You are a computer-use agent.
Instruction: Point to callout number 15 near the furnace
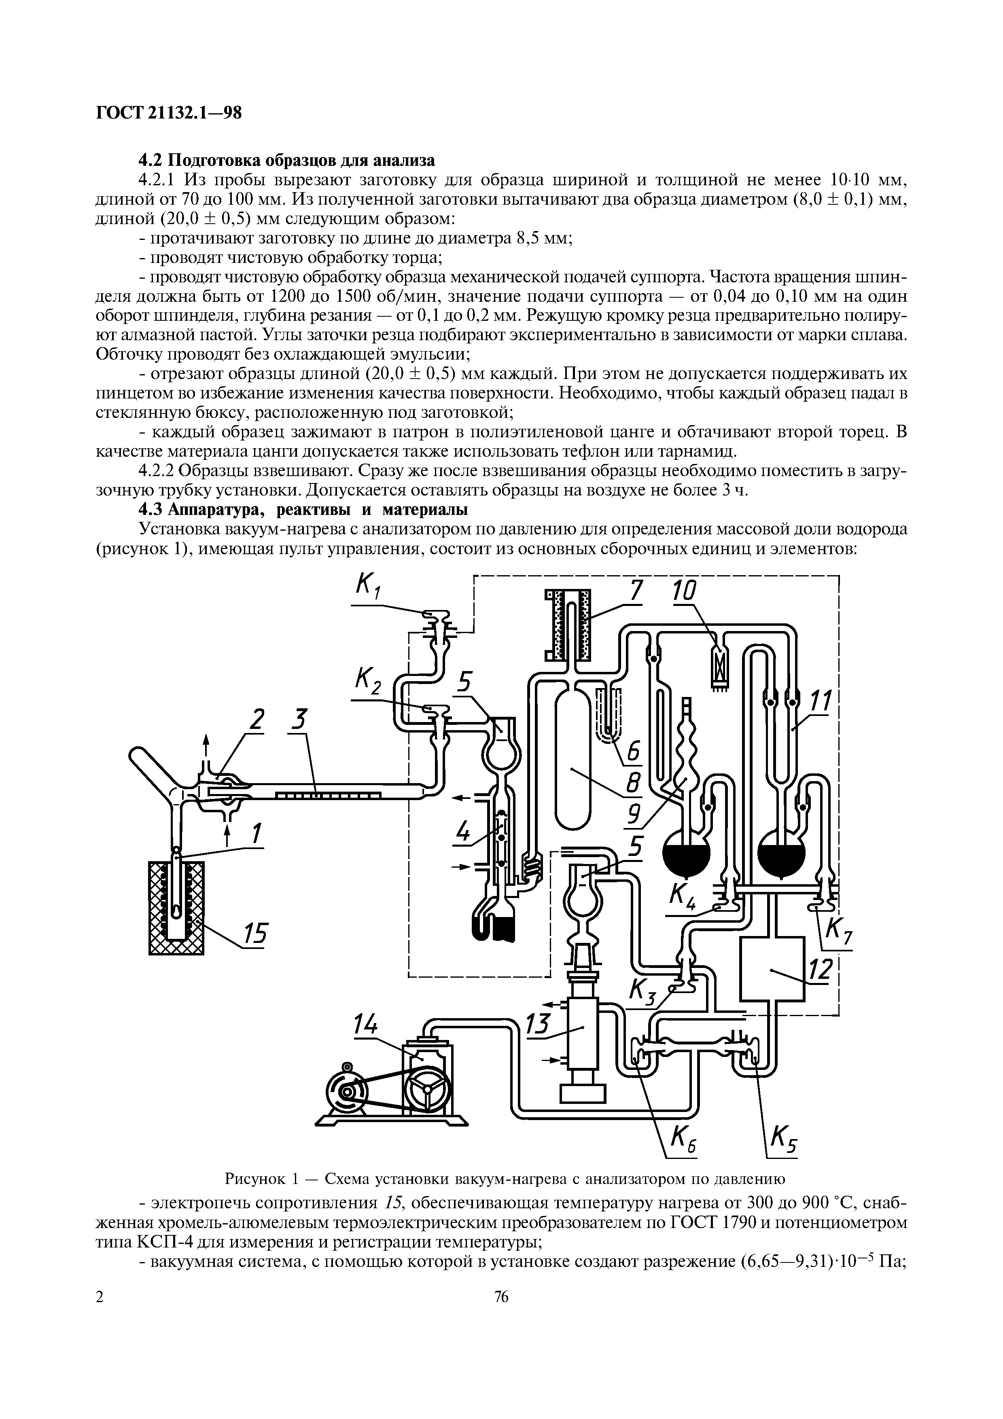click(x=254, y=936)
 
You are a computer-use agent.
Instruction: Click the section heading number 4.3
click(x=152, y=510)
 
